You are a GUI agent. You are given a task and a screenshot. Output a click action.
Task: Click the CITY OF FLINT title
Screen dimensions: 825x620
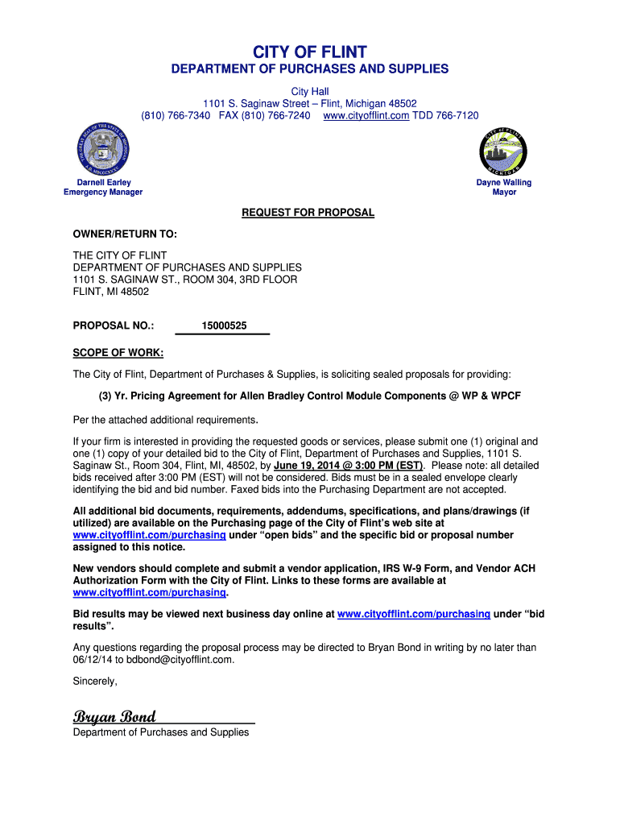pos(310,53)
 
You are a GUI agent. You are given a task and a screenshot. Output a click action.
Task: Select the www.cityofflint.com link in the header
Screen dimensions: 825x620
pos(366,116)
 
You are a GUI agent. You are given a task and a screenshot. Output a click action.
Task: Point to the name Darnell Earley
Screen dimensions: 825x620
pos(103,183)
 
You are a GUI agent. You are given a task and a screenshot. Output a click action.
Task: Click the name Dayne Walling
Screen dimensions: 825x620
pos(504,183)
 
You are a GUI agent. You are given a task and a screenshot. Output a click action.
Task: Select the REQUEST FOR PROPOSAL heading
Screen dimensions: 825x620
pos(308,213)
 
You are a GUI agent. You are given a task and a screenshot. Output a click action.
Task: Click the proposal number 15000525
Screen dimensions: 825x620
pos(224,326)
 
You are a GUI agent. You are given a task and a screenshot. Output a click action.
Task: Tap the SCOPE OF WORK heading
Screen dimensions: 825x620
pos(118,353)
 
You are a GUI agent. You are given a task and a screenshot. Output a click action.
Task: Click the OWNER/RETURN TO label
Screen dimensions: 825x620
pos(125,234)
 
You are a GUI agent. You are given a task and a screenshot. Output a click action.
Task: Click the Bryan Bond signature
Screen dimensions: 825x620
pos(114,717)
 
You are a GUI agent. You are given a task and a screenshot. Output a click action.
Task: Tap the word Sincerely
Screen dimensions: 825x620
pos(95,681)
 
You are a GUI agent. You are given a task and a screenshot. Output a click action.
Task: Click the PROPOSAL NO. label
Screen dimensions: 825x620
pos(114,326)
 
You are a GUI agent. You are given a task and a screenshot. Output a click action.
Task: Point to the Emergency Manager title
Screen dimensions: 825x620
pos(103,193)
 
